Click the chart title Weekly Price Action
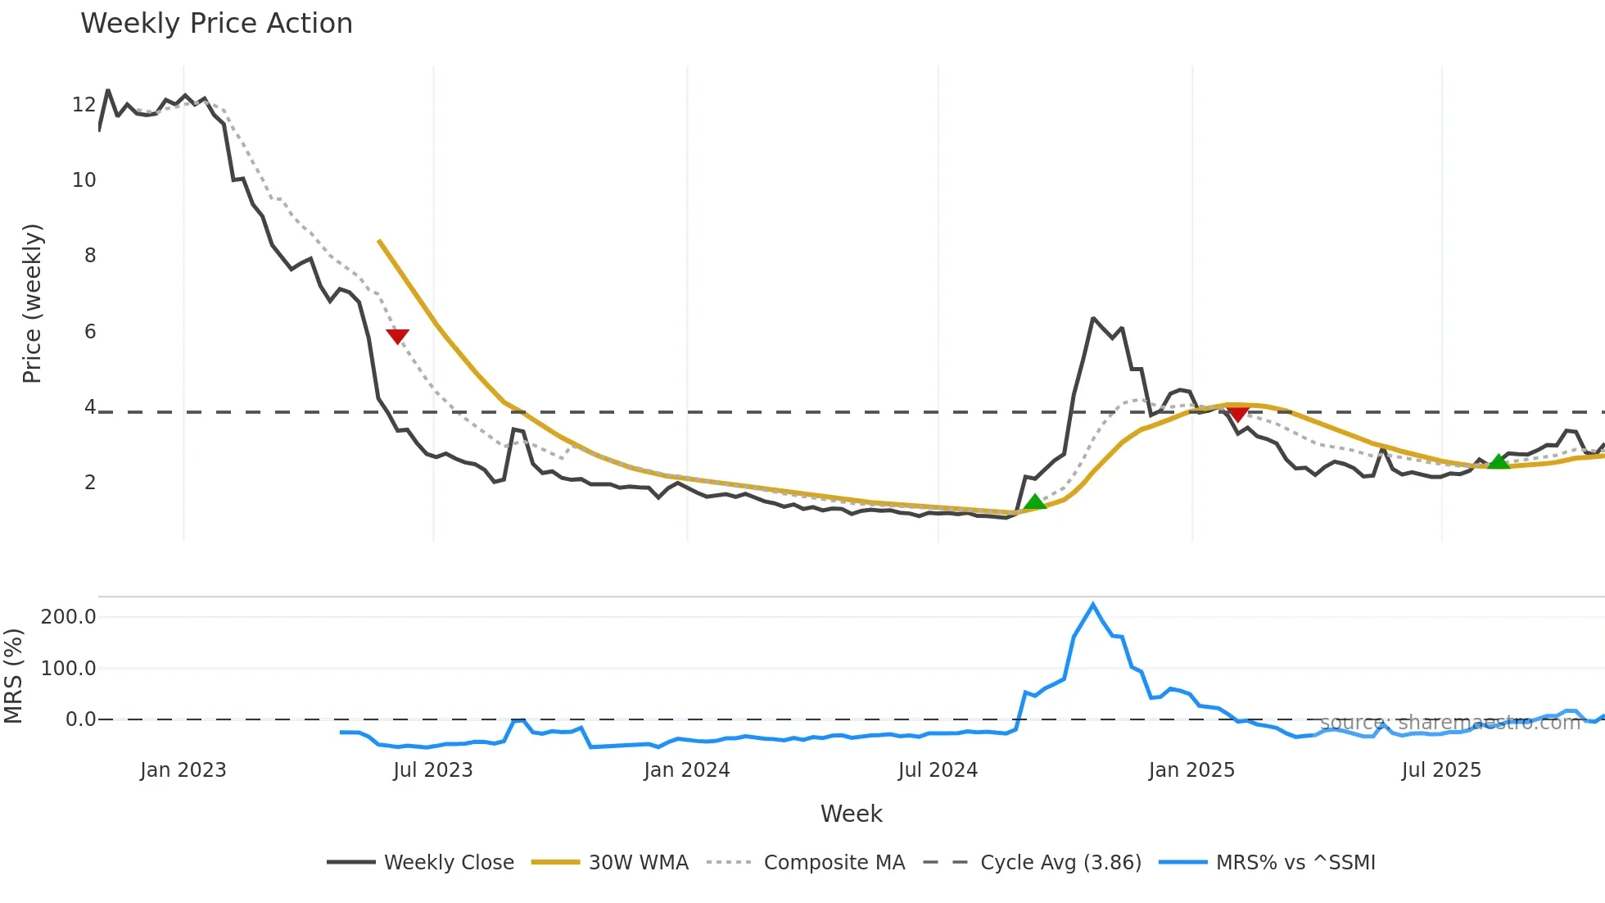pos(216,23)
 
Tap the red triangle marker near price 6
pos(397,336)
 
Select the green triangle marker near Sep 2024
pos(1034,501)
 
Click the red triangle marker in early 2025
pos(1237,413)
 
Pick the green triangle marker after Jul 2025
pos(1498,462)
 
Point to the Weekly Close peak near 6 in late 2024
pos(1093,318)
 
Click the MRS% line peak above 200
pos(1093,605)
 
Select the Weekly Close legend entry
pos(421,862)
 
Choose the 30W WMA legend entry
pos(610,862)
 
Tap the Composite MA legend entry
pos(806,862)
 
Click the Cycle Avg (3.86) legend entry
pos(1032,862)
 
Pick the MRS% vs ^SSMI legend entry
pos(1268,862)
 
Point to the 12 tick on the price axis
pos(84,104)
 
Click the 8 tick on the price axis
pos(90,256)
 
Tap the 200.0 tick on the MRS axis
pos(68,616)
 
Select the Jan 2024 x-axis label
pos(686,770)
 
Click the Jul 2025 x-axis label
pos(1441,770)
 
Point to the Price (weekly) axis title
pos(32,303)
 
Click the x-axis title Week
pos(851,814)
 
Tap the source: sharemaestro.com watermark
pos(1449,723)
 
